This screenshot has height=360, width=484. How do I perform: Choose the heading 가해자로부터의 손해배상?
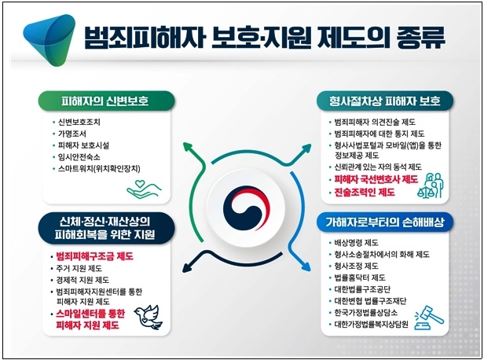[x=385, y=223]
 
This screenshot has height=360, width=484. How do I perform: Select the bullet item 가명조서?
[x=75, y=134]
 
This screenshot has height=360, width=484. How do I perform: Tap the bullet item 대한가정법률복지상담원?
[x=376, y=323]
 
